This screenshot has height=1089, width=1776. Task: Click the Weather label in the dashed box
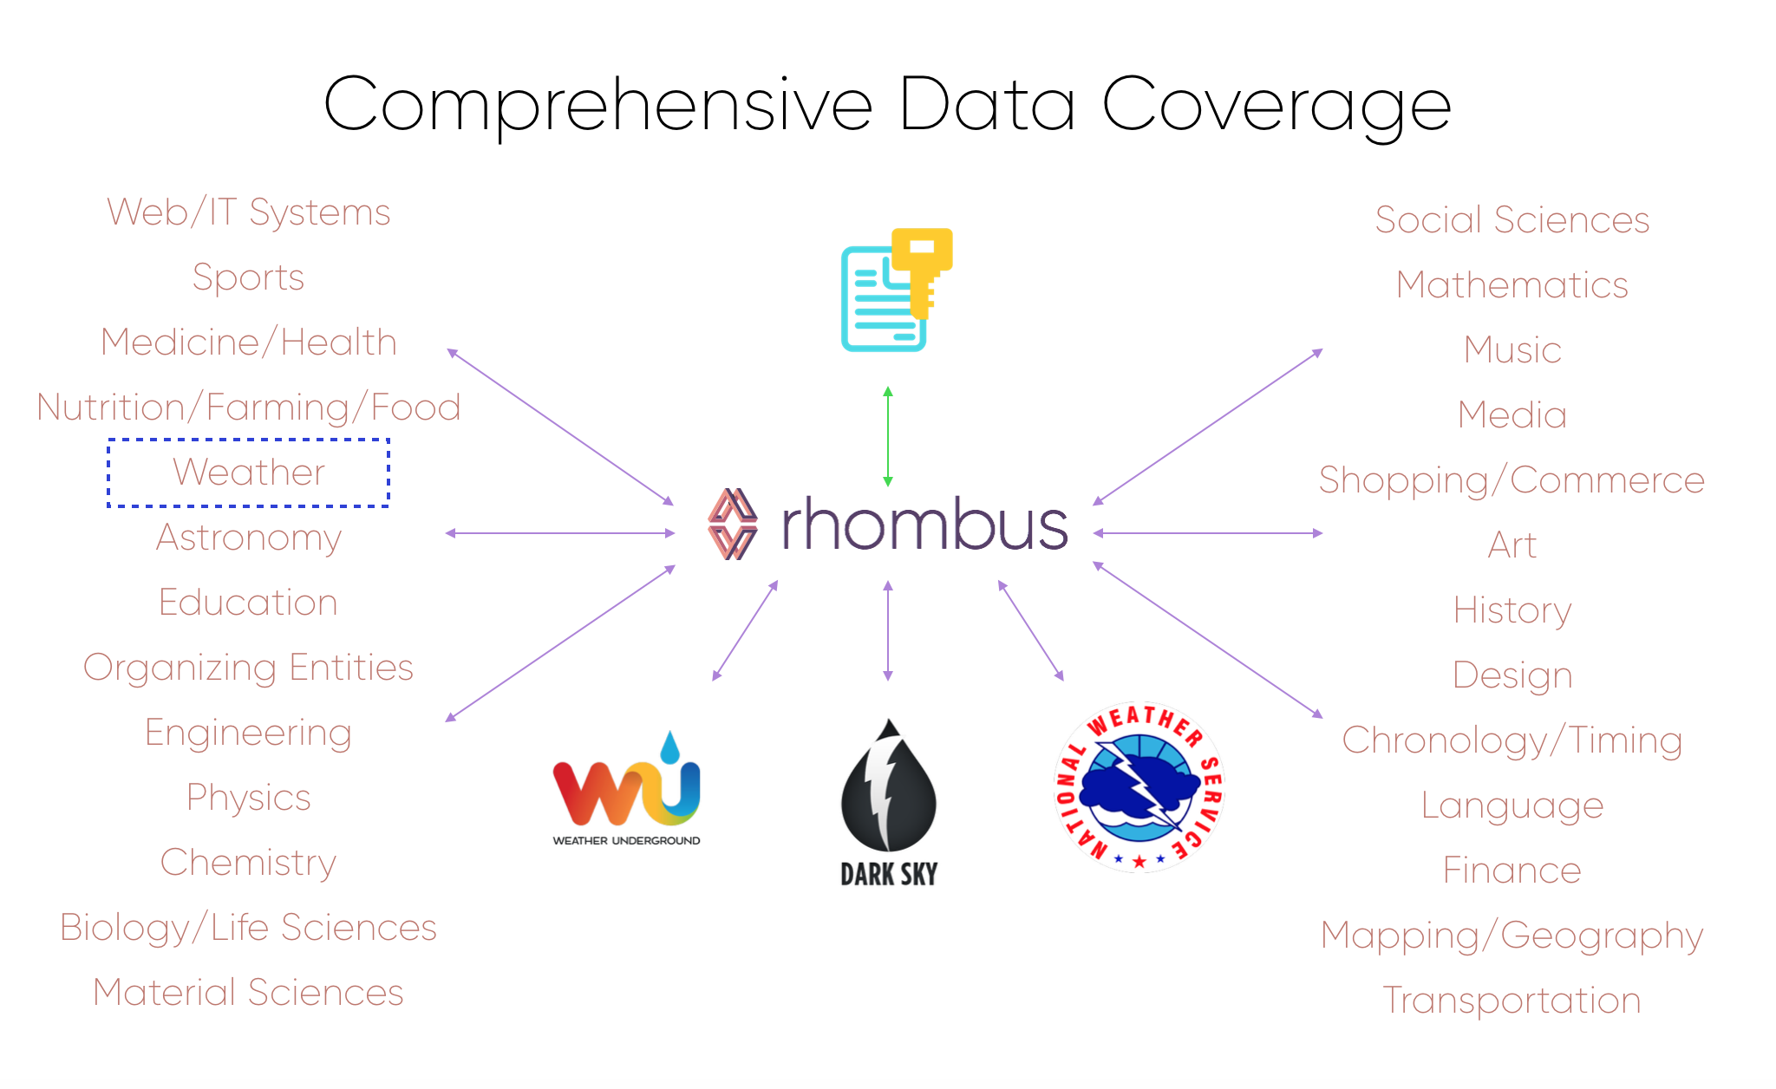pyautogui.click(x=249, y=473)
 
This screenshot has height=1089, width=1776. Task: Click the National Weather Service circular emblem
pyautogui.click(x=1139, y=787)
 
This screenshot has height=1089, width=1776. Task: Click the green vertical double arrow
pyautogui.click(x=887, y=436)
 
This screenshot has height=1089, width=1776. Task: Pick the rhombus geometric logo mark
pyautogui.click(x=733, y=524)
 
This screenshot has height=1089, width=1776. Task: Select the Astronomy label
pyautogui.click(x=249, y=538)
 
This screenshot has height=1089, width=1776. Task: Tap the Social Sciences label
pyautogui.click(x=1512, y=220)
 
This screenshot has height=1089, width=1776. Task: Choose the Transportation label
pyautogui.click(x=1512, y=1001)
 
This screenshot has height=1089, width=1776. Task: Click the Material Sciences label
pyautogui.click(x=249, y=993)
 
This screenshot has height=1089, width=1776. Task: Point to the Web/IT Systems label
pyautogui.click(x=249, y=212)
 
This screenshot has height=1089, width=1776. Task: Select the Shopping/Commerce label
pyautogui.click(x=1512, y=480)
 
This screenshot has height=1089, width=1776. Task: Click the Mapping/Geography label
pyautogui.click(x=1512, y=936)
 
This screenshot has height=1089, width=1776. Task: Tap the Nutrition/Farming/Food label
pyautogui.click(x=249, y=408)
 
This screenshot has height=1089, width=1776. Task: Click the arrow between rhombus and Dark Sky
pyautogui.click(x=887, y=630)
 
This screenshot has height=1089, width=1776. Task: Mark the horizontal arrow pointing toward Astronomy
pyautogui.click(x=560, y=533)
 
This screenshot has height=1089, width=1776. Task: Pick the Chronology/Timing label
pyautogui.click(x=1512, y=740)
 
